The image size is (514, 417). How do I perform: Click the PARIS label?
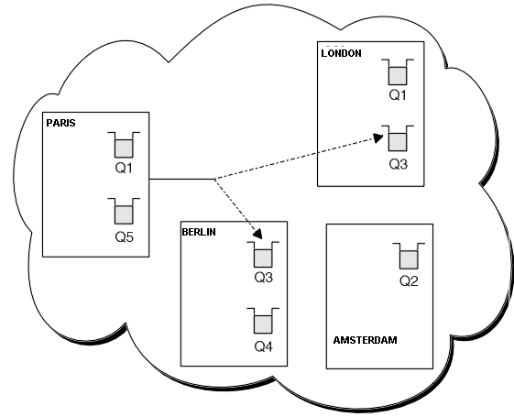pyautogui.click(x=61, y=123)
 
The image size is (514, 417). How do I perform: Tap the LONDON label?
pyautogui.click(x=341, y=53)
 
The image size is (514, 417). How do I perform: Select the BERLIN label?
pyautogui.click(x=199, y=232)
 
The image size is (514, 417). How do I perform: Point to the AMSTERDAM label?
pyautogui.click(x=366, y=340)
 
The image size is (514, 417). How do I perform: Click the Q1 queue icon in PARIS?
pyautogui.click(x=124, y=145)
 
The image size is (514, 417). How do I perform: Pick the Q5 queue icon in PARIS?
pyautogui.click(x=124, y=211)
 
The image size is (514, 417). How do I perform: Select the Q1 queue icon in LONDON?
pyautogui.click(x=398, y=72)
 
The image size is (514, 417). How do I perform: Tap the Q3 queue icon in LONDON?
pyautogui.click(x=398, y=138)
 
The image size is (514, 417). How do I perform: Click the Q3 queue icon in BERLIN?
pyautogui.click(x=263, y=255)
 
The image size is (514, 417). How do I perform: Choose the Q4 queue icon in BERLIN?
pyautogui.click(x=263, y=321)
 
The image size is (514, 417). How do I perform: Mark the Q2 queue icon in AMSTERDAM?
pyautogui.click(x=409, y=256)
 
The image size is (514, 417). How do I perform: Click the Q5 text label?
pyautogui.click(x=125, y=237)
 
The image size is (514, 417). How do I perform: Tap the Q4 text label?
pyautogui.click(x=263, y=346)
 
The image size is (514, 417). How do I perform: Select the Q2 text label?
pyautogui.click(x=409, y=281)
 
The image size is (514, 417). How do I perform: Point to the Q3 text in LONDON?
pyautogui.click(x=399, y=164)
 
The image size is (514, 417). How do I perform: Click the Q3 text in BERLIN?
pyautogui.click(x=264, y=278)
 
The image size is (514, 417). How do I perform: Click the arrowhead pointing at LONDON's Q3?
pyautogui.click(x=378, y=137)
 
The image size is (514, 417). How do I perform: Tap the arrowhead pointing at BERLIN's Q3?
pyautogui.click(x=257, y=234)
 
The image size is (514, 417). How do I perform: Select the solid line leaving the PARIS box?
pyautogui.click(x=181, y=179)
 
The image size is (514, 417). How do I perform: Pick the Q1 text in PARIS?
pyautogui.click(x=124, y=169)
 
